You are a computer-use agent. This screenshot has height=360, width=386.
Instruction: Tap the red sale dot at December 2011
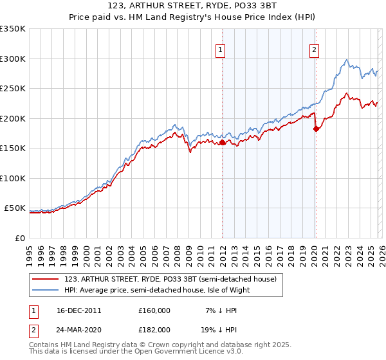coord(222,143)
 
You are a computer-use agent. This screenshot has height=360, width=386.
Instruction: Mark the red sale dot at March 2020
coord(316,129)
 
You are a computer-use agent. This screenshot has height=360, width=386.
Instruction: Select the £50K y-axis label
coord(15,208)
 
